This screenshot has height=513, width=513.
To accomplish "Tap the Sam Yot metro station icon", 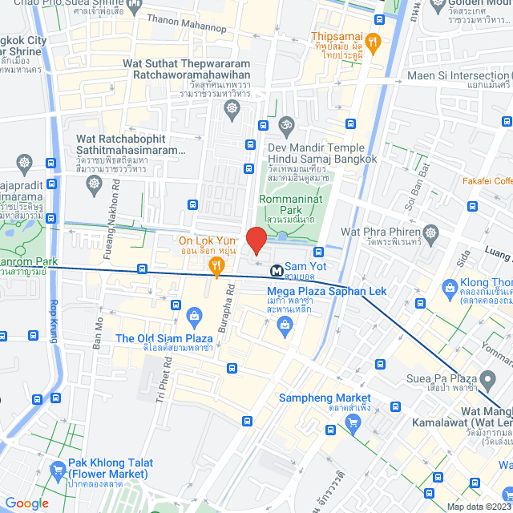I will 276,270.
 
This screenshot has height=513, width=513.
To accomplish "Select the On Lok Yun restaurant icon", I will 215,265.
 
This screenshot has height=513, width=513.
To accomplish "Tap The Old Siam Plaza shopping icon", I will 193,314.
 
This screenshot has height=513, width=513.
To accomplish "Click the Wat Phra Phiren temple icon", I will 431,232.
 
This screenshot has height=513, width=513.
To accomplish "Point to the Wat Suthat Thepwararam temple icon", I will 232,108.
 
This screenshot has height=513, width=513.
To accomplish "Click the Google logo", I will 27,503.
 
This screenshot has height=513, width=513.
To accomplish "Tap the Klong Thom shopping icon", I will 448,285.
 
